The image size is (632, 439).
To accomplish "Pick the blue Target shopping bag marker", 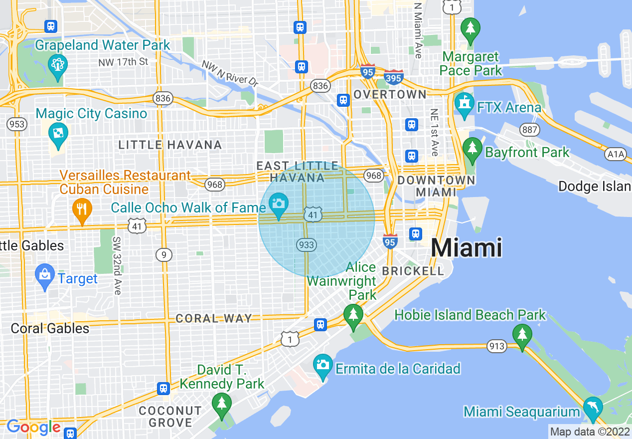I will (45, 276).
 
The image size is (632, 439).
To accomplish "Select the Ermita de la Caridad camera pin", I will (322, 366).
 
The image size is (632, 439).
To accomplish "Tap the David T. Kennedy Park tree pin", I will (221, 404).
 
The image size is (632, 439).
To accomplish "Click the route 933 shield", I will (306, 244).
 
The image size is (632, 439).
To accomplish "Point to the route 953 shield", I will (16, 124).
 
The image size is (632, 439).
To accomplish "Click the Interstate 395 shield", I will (394, 77).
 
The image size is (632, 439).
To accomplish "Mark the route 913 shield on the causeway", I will (497, 346).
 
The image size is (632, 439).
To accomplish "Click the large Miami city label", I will (466, 248).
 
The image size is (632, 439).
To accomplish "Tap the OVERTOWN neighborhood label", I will (390, 94).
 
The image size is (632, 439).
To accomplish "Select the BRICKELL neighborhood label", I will (413, 271).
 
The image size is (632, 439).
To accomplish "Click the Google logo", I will (33, 428).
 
